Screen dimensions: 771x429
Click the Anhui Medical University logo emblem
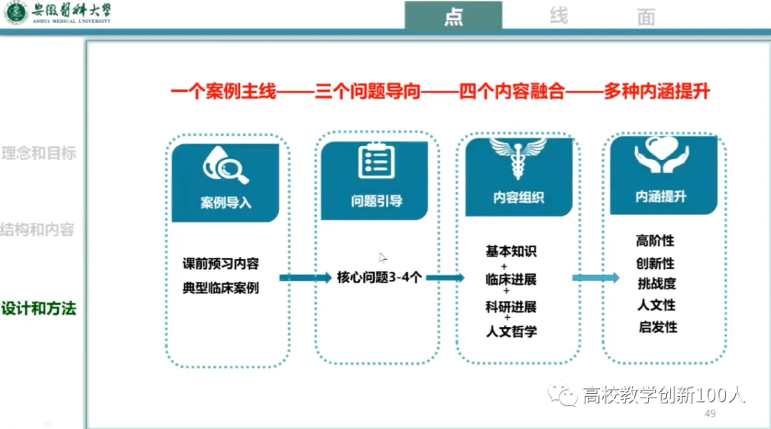(x=15, y=13)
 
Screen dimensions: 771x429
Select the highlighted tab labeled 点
(x=453, y=16)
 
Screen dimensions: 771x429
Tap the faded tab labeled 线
(x=559, y=16)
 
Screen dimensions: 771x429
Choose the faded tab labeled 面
(x=646, y=18)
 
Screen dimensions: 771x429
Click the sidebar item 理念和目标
(x=39, y=153)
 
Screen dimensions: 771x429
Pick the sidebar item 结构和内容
(x=37, y=230)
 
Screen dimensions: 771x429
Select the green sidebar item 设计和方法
(x=39, y=309)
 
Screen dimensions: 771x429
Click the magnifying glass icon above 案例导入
(x=226, y=166)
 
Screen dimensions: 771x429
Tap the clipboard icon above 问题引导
(x=376, y=161)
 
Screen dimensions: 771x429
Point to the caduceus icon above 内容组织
(x=518, y=158)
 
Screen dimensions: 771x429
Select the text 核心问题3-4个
(x=379, y=277)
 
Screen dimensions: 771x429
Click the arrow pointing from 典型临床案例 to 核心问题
(x=305, y=278)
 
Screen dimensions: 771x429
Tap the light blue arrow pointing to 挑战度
(x=595, y=278)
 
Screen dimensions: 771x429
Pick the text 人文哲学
(x=511, y=330)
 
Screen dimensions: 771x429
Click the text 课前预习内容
(x=221, y=263)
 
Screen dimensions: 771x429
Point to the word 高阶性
(x=655, y=241)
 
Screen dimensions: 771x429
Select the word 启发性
(x=657, y=327)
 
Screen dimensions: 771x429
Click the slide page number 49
(x=710, y=415)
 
